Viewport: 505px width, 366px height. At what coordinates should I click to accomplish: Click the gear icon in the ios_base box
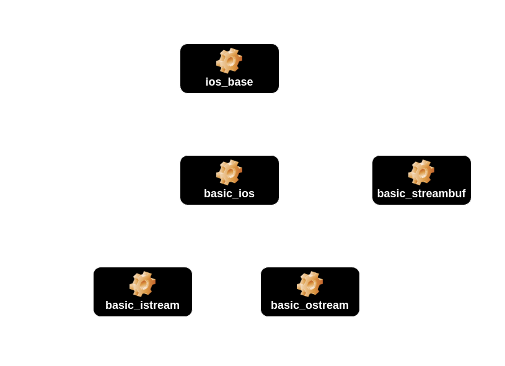[229, 61]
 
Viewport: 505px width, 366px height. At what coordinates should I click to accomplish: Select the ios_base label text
[229, 82]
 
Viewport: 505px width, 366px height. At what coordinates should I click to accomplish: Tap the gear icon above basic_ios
[229, 172]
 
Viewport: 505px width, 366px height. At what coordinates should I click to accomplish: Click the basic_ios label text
[229, 194]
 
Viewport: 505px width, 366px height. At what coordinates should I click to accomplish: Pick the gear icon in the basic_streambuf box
[421, 172]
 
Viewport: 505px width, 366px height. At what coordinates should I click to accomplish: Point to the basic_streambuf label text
[421, 194]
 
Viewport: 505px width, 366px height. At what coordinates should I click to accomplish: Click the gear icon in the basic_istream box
[143, 284]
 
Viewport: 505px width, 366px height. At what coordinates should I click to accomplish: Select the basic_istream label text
[143, 305]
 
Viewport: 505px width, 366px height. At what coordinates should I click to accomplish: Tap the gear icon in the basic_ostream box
[310, 284]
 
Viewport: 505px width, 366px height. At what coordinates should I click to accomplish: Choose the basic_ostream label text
[310, 305]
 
